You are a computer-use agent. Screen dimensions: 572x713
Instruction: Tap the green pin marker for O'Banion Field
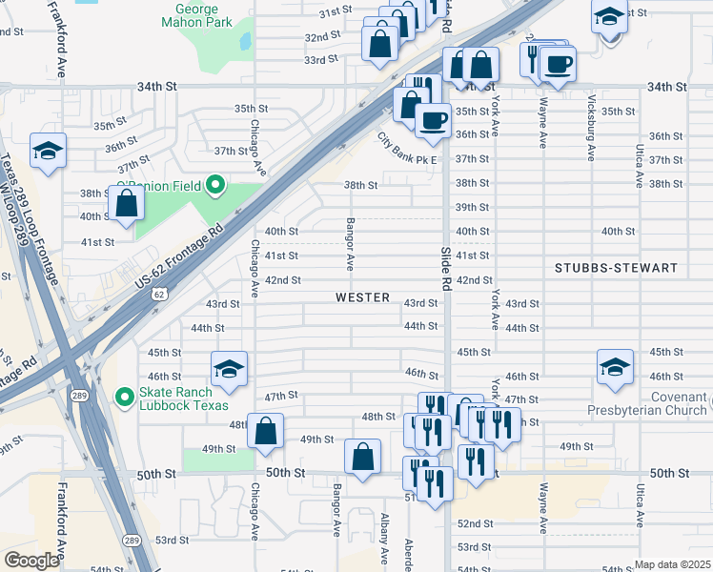(x=215, y=184)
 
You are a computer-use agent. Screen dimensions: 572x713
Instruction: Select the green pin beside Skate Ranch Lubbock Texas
(x=123, y=396)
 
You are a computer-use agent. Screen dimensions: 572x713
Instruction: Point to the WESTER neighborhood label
(x=362, y=297)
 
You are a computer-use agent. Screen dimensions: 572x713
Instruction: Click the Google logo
(x=31, y=560)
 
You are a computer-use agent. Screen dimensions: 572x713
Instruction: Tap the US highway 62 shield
(x=158, y=296)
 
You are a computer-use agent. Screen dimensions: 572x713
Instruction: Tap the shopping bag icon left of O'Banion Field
(x=126, y=202)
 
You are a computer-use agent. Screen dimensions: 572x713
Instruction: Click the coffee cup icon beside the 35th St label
(x=434, y=119)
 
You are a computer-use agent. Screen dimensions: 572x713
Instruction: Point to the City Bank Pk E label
(x=407, y=148)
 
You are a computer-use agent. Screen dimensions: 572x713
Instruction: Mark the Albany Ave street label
(x=384, y=539)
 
